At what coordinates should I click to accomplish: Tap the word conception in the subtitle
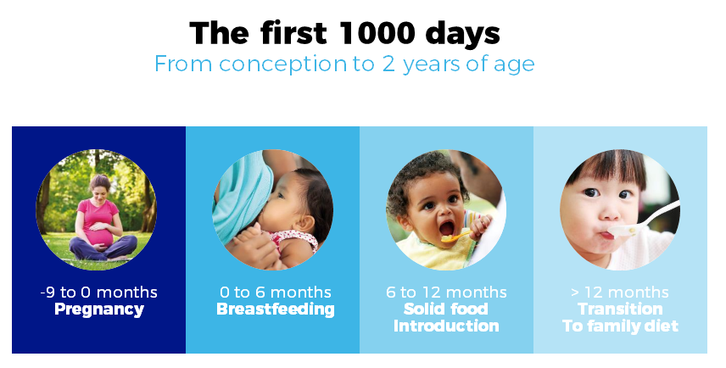(283, 64)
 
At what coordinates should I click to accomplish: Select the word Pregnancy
(99, 309)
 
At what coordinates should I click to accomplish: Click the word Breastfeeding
(276, 309)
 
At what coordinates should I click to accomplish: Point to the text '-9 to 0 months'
(98, 293)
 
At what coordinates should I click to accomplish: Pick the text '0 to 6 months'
(276, 293)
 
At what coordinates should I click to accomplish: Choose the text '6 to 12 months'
(446, 293)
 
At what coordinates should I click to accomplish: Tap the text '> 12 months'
(620, 293)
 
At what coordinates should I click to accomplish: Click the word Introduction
(446, 326)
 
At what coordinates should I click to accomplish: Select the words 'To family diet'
(621, 326)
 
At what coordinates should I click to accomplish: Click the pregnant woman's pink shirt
(98, 220)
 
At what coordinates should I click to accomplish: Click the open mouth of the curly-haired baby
(446, 228)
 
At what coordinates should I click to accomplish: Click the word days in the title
(462, 33)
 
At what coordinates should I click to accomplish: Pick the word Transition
(620, 309)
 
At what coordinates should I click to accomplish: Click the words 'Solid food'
(446, 309)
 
